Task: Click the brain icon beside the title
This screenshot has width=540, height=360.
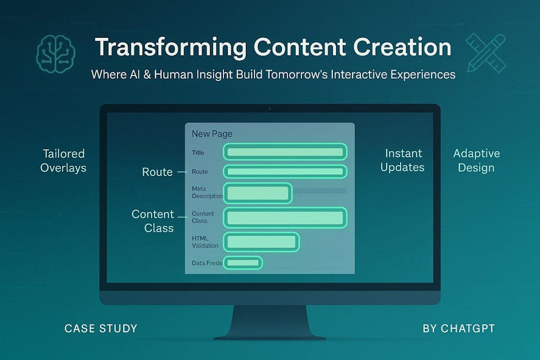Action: point(56,54)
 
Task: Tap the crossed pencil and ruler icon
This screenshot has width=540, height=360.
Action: point(486,53)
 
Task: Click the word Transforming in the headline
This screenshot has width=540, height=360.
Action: point(171,47)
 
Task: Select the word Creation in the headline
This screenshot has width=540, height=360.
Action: point(402,47)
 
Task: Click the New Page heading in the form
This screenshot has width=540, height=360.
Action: point(212,133)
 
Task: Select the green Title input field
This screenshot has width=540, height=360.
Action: point(285,152)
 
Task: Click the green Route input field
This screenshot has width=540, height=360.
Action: point(285,172)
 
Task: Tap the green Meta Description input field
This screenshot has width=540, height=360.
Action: point(258,193)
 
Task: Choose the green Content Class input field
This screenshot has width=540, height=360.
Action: point(285,217)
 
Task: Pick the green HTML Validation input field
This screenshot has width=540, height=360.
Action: point(261,242)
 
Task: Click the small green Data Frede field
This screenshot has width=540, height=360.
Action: point(243,263)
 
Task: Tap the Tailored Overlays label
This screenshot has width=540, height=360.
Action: point(63,161)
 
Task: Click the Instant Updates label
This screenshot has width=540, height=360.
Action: point(402,160)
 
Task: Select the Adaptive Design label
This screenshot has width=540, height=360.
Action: point(477,161)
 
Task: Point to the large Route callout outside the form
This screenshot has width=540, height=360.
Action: point(158,172)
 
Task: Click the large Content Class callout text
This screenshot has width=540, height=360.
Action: point(153,221)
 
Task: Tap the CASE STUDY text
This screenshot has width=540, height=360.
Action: point(101,328)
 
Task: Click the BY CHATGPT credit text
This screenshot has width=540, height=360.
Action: point(458,328)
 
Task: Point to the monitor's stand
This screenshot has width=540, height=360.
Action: point(270,322)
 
